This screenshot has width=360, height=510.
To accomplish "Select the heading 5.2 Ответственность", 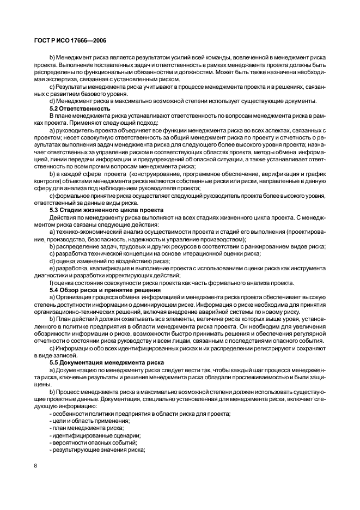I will (80, 108).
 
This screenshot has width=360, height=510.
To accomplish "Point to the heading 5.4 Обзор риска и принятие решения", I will (105, 289).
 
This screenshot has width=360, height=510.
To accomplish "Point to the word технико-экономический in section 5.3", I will (88, 232).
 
